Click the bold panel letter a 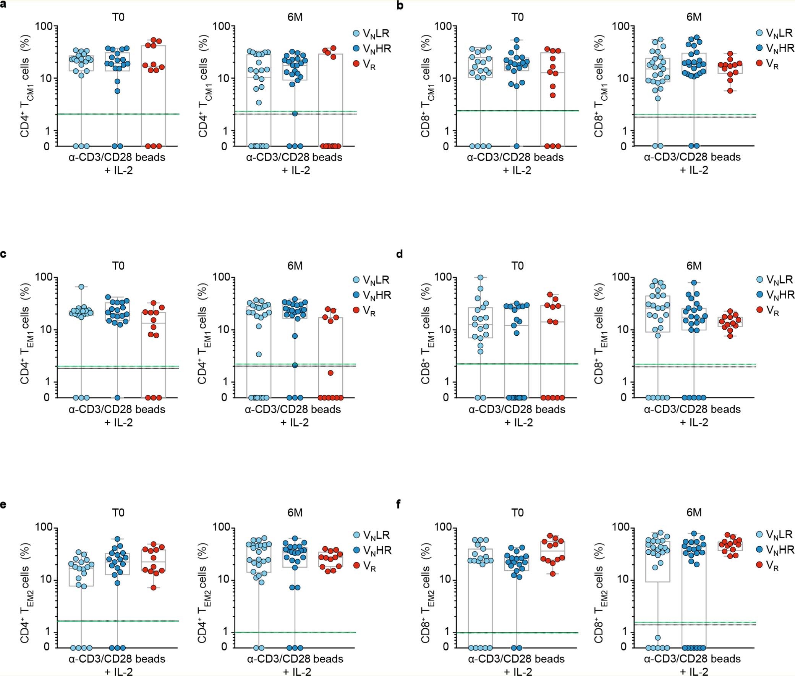3,6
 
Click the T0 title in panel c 118,266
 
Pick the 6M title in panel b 694,17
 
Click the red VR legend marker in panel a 356,64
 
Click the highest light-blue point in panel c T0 81,286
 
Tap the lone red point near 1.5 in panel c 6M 330,373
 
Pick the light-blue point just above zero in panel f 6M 657,638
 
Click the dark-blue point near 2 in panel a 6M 295,113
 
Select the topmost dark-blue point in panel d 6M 694,283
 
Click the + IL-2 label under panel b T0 517,171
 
